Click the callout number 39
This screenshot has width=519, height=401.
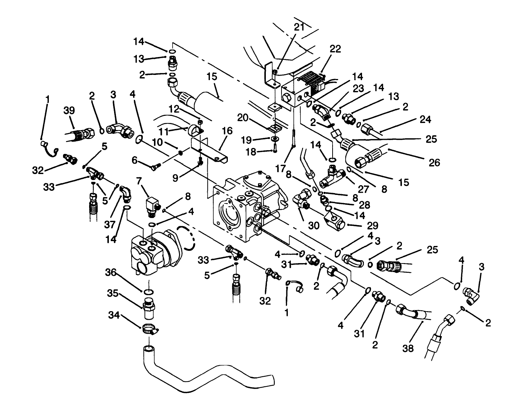pos(69,110)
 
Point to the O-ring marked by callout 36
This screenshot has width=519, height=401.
pos(148,291)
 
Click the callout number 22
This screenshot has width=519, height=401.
pos(335,49)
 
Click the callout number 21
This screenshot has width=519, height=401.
pos(299,27)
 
